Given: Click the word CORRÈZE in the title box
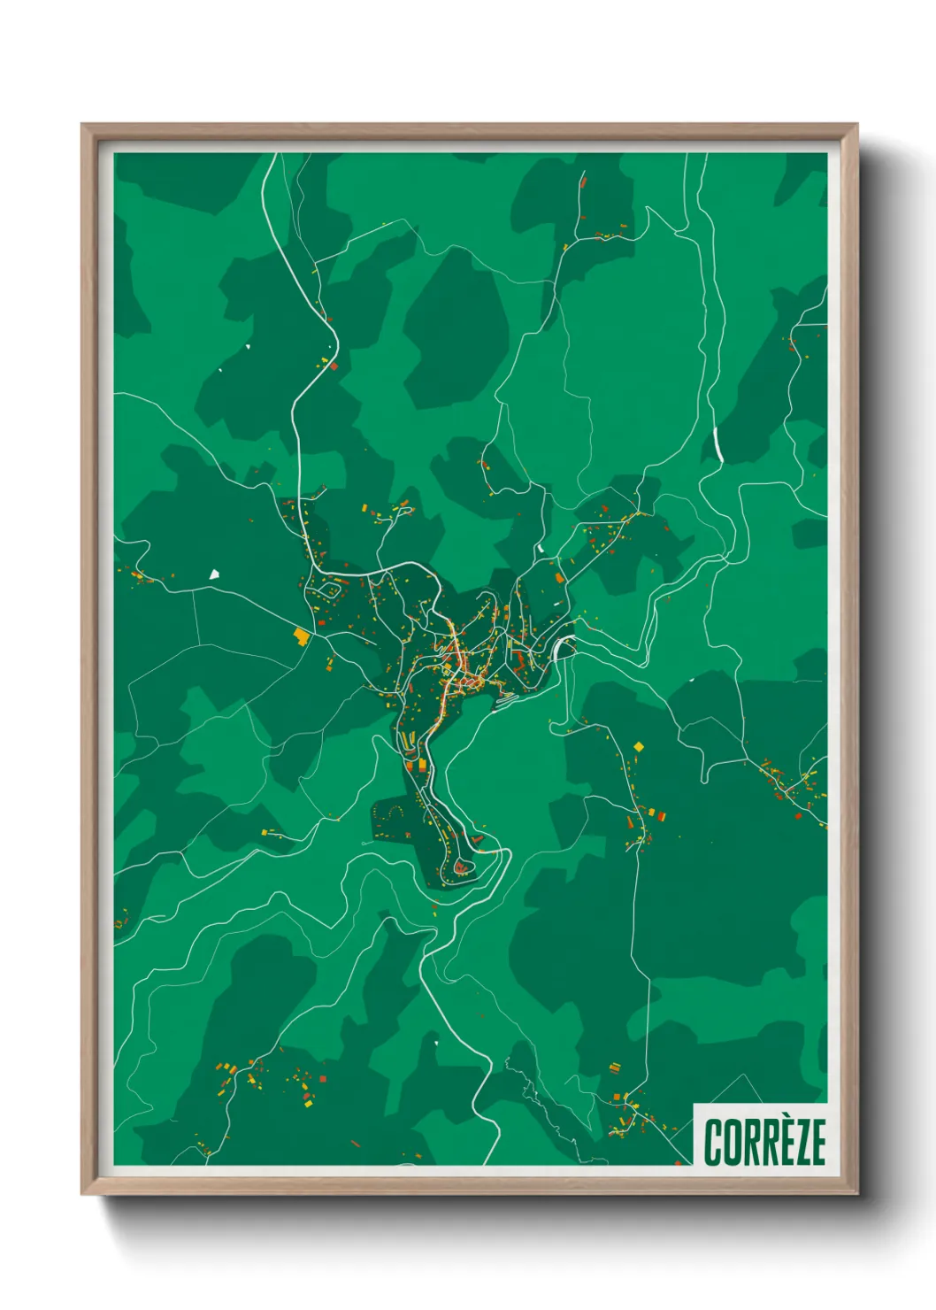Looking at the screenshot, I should coord(765,1142).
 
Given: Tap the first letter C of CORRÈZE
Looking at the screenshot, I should coord(714,1142).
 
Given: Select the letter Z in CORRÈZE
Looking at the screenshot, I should coord(799,1143).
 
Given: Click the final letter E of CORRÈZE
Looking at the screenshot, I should coord(817,1143).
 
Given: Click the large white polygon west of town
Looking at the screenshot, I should coord(213,574).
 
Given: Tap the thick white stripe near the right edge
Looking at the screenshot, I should coord(717,444).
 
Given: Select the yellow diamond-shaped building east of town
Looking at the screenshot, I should coord(639,747).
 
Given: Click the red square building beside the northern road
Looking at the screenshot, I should coord(334,365).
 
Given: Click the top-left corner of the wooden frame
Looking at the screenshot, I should coord(82,125).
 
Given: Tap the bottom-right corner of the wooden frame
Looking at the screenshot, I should coord(856,1193).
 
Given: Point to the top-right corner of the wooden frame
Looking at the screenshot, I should coord(856,125).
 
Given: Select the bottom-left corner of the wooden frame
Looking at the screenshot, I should coord(82,1193).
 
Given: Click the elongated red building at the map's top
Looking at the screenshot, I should coord(583,182).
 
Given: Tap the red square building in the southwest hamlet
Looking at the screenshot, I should coord(322,1079).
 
